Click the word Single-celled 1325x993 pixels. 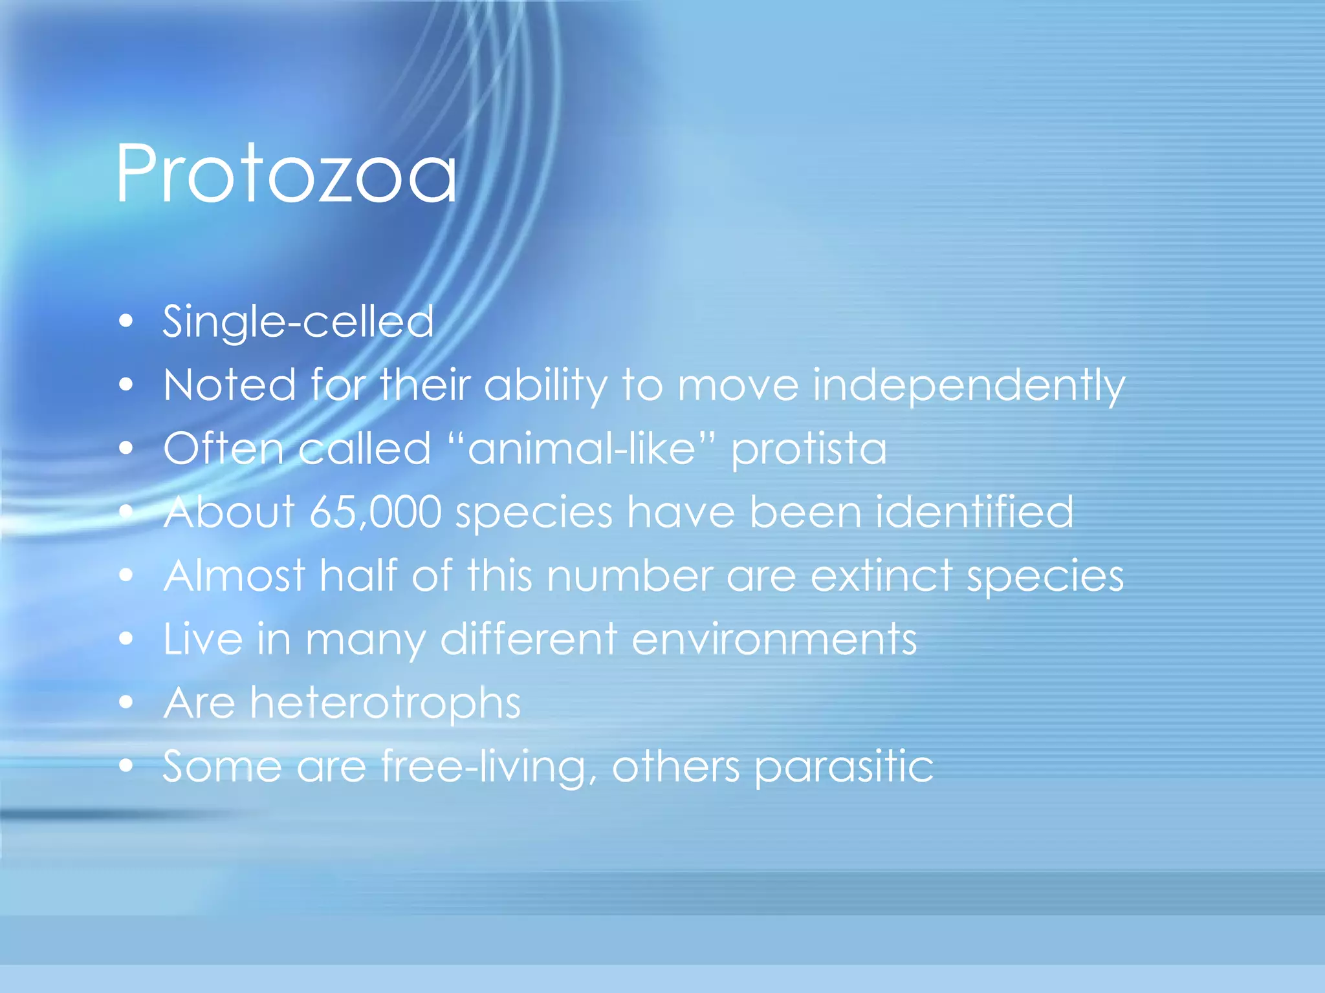click(x=298, y=321)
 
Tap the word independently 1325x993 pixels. click(x=969, y=385)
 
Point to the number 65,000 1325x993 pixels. click(x=375, y=512)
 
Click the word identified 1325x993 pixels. click(x=974, y=512)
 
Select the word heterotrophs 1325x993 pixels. click(x=386, y=703)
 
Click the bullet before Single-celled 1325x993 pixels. click(x=126, y=321)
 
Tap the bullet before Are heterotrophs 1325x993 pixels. click(x=126, y=701)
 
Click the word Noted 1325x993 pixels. click(x=230, y=385)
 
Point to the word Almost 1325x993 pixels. click(x=234, y=575)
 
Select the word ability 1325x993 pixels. click(x=545, y=385)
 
